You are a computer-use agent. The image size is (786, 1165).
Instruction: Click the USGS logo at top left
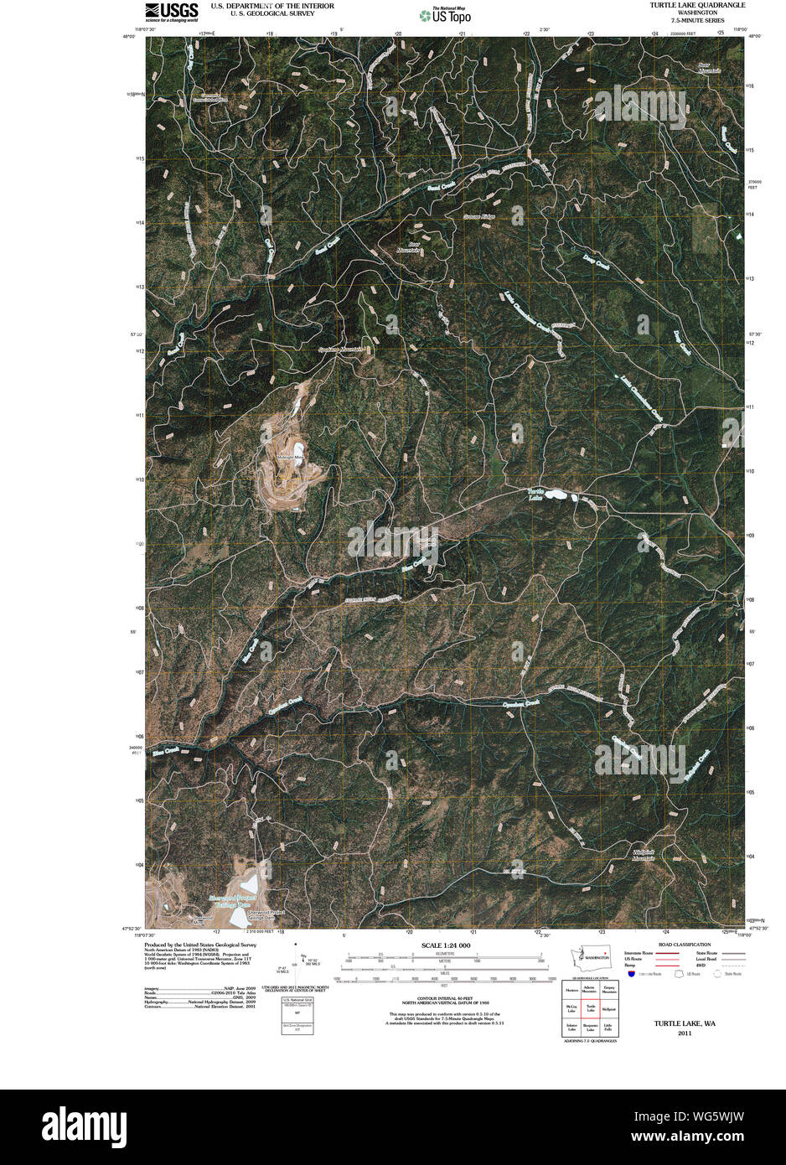click(x=172, y=10)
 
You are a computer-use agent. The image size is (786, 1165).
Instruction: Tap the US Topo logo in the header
click(x=445, y=14)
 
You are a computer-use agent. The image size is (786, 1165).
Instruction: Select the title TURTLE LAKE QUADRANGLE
click(x=697, y=5)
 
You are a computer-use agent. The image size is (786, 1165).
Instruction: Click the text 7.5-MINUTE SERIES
click(x=697, y=20)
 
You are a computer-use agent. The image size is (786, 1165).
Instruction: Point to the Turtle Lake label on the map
click(x=535, y=494)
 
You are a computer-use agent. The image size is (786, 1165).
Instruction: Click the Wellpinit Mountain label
click(x=644, y=856)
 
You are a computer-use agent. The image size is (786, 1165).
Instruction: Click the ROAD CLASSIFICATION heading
click(x=685, y=945)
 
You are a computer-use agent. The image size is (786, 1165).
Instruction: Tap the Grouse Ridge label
click(x=479, y=217)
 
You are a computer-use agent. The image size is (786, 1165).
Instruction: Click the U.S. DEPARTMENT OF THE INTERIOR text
click(x=272, y=6)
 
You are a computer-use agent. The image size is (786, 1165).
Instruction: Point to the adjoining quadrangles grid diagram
click(x=590, y=1008)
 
